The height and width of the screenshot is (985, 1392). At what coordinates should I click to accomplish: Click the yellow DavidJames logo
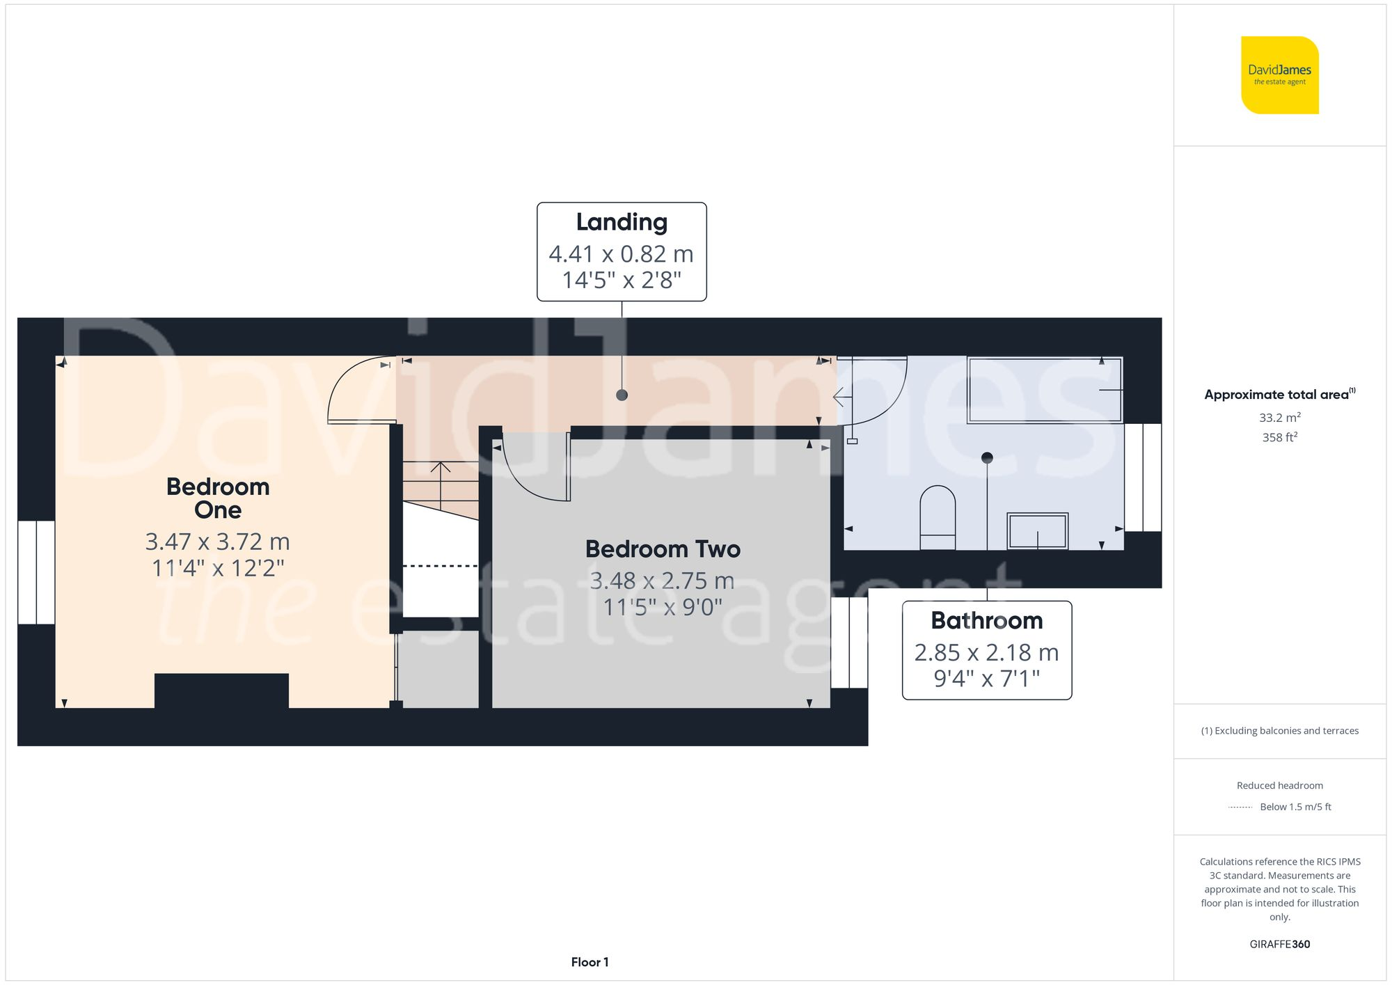point(1279,75)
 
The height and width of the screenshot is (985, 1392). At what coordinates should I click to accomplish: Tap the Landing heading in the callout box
point(622,222)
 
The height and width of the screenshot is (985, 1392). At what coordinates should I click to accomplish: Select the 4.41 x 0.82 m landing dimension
point(622,254)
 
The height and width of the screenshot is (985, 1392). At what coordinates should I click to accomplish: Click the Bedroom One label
point(218,498)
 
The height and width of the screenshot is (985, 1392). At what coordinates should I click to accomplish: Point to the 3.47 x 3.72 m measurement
point(218,542)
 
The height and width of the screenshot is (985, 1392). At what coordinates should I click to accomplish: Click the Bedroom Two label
point(663,549)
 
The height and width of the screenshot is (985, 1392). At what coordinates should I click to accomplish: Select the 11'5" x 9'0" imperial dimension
point(663,607)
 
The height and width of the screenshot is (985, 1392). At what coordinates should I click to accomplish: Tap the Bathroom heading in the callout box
point(986,620)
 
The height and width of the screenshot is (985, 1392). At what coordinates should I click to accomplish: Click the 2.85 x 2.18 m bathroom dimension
point(986,652)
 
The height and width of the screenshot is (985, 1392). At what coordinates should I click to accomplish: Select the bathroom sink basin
point(1037,531)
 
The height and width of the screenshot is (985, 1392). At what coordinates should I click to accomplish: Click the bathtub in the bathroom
point(1044,390)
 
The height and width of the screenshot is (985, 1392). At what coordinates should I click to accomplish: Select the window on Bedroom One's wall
point(36,572)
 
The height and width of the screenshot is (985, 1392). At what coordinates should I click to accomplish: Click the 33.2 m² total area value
point(1279,418)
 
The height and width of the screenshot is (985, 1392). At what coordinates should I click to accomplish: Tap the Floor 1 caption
point(590,962)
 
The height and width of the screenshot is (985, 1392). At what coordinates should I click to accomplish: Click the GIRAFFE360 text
point(1279,945)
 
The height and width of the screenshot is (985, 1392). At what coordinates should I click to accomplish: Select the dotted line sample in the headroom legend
point(1240,807)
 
